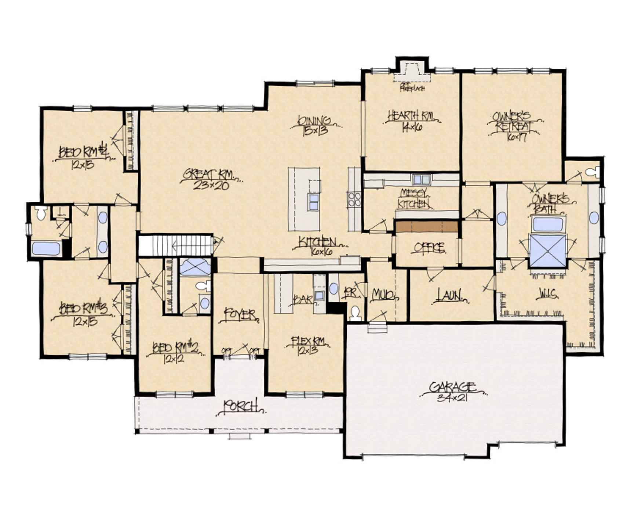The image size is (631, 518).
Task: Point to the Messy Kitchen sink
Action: pyautogui.click(x=422, y=180)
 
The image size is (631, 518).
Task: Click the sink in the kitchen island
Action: pyautogui.click(x=314, y=202)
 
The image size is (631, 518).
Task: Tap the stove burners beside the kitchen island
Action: pyautogui.click(x=354, y=199)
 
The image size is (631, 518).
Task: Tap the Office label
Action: pyautogui.click(x=429, y=248)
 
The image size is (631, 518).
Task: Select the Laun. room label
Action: pyautogui.click(x=449, y=295)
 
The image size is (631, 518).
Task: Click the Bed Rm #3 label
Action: pyautogui.click(x=84, y=308)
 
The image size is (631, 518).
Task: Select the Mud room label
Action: pyautogui.click(x=383, y=295)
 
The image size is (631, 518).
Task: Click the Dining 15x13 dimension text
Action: pyautogui.click(x=314, y=130)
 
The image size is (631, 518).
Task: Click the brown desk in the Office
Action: pyautogui.click(x=426, y=226)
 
